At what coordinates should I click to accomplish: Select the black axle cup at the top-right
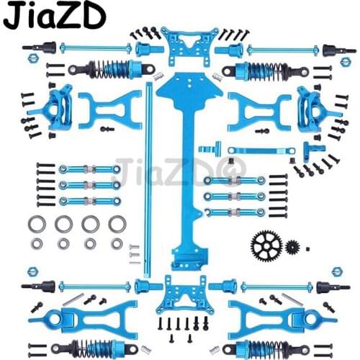coord(330,50)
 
